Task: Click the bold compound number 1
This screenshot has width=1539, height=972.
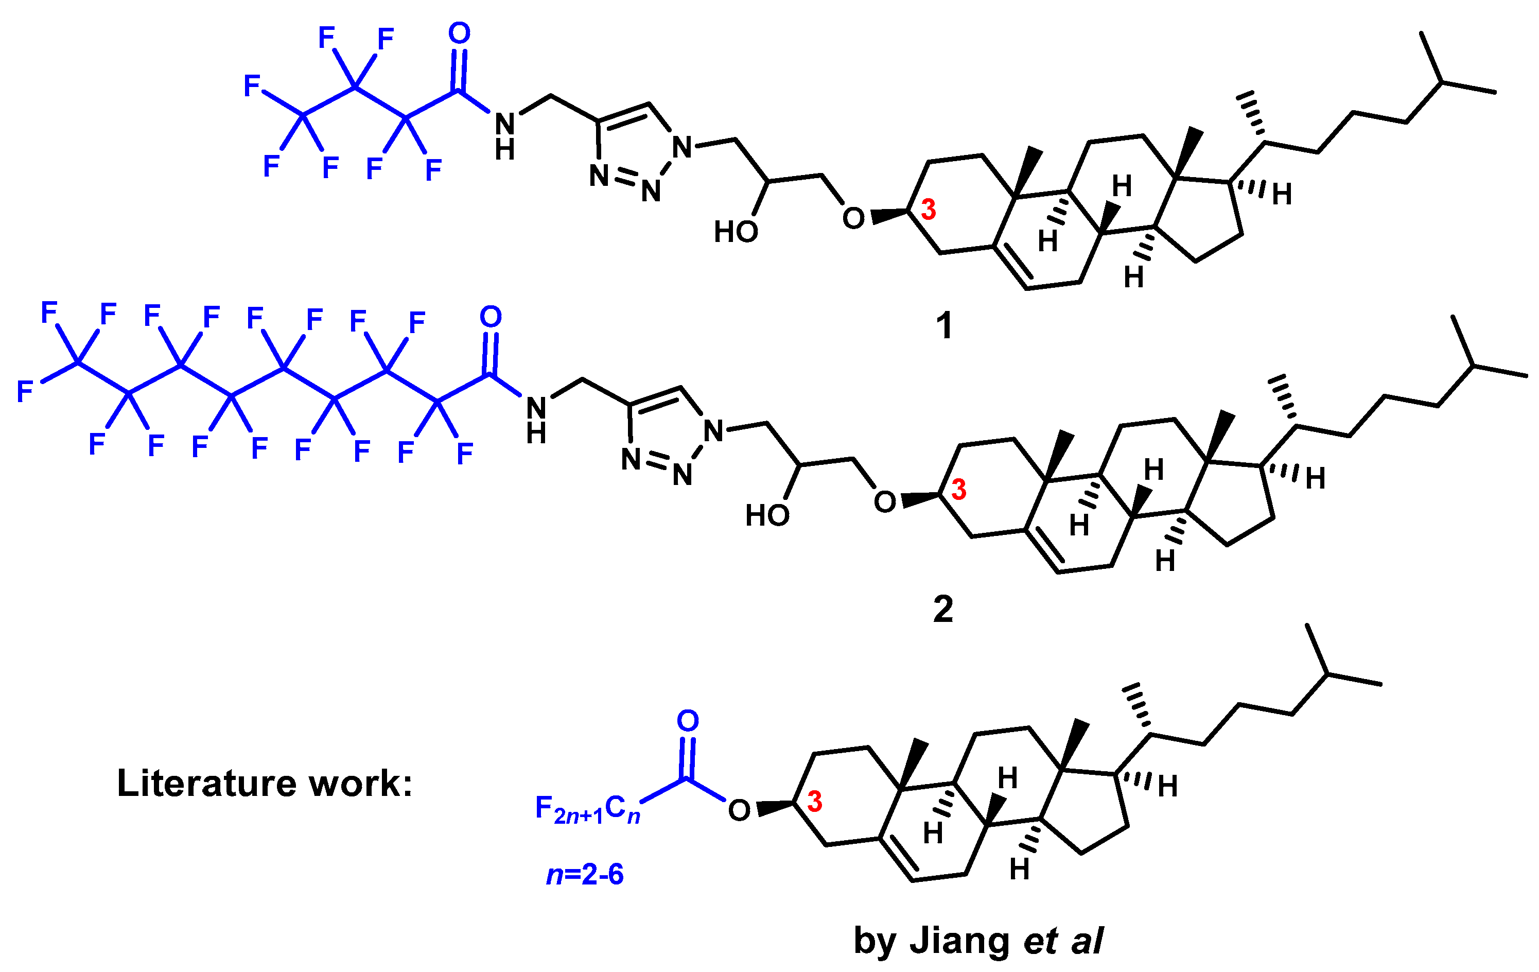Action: (x=943, y=325)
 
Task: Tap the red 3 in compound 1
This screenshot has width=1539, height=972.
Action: (x=928, y=209)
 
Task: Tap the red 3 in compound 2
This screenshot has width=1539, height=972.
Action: (x=959, y=490)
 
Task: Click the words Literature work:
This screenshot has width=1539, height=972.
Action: (x=265, y=783)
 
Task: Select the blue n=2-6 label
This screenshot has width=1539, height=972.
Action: (x=584, y=874)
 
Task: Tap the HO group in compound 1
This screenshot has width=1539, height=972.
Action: (x=736, y=231)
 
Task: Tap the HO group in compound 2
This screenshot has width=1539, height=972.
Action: (x=767, y=515)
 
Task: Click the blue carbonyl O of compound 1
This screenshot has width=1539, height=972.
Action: (x=459, y=33)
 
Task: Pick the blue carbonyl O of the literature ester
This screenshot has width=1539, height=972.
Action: (x=688, y=721)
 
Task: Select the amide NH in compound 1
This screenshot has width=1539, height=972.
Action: (x=505, y=136)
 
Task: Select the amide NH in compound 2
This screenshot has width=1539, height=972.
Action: (x=536, y=421)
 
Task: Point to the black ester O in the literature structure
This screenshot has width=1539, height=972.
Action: (x=739, y=811)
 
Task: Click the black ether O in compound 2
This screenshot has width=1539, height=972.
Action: (x=885, y=502)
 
